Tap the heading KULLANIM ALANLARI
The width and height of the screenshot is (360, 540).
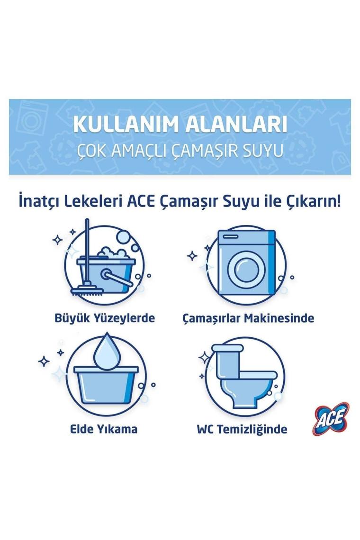click(x=180, y=125)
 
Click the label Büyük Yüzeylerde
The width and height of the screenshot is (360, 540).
click(x=105, y=318)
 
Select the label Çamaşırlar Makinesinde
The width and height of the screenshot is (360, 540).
click(x=248, y=318)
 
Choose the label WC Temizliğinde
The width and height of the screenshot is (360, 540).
click(x=242, y=430)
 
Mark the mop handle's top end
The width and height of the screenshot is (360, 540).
click(x=87, y=222)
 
